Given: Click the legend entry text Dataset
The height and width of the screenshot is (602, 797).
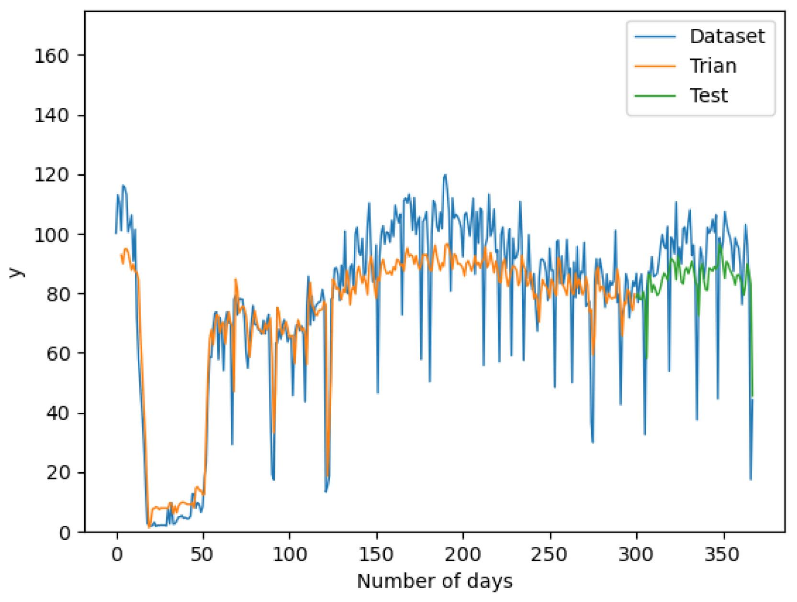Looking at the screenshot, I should tap(727, 36).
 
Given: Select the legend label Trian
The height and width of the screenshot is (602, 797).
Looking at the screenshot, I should tap(713, 66).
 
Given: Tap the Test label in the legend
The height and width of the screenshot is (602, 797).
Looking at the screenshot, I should tap(708, 96).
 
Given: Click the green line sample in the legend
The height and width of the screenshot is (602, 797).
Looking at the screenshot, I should tap(655, 96).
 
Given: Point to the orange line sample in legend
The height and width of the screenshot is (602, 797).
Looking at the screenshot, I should tap(655, 66).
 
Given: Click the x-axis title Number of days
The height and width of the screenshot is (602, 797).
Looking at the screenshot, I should tap(435, 581).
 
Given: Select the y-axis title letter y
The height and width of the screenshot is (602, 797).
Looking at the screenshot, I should tap(16, 272).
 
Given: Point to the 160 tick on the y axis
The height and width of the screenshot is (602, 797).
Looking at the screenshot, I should tap(51, 56).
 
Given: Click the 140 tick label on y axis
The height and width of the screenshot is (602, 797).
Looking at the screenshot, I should tap(51, 115).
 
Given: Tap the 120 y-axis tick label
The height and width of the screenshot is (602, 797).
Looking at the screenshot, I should tap(51, 175).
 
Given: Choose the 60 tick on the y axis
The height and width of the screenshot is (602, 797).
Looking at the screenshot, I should tap(57, 353).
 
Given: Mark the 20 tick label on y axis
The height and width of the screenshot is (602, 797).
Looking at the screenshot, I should tap(57, 473).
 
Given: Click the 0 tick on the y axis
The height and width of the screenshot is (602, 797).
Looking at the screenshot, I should tap(65, 533).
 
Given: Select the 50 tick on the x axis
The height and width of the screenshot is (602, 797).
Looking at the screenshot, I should tap(202, 555).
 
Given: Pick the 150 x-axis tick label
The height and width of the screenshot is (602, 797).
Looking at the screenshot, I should tap(376, 555).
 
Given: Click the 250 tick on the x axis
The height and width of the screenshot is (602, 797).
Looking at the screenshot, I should tap(549, 555).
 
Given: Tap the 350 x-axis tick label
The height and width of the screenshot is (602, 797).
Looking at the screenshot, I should tap(722, 555).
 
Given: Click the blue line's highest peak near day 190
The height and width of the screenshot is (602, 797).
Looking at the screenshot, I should tap(445, 175).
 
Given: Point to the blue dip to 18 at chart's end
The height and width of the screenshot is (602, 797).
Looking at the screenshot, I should tap(750, 479).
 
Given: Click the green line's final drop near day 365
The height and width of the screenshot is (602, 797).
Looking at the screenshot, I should tap(752, 396).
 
